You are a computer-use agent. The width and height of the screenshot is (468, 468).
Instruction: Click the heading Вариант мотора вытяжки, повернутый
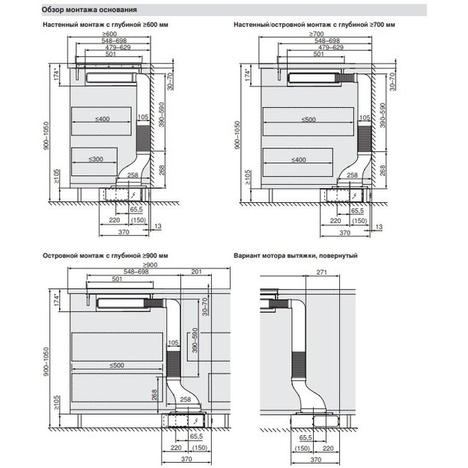pos(295,256)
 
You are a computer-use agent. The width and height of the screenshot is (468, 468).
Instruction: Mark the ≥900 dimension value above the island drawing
pos(148,265)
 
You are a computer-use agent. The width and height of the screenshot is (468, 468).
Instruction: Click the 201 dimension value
pos(195,271)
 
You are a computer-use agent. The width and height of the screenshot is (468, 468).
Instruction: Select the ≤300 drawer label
pos(95,159)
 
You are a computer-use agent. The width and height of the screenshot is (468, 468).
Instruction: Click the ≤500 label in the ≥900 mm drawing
pos(116,365)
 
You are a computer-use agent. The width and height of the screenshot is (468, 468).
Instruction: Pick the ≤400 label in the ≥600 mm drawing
pos(103,119)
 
